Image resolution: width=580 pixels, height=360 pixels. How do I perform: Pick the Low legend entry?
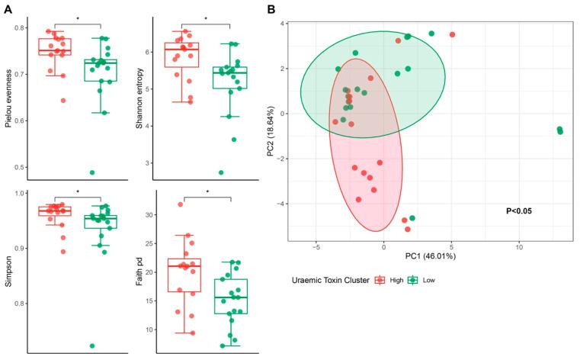tap(428, 279)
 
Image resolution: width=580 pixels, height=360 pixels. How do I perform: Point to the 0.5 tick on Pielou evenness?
tap(21, 167)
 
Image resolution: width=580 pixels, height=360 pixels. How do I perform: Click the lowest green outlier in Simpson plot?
tap(91, 346)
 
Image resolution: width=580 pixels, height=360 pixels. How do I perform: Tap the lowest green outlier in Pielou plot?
tap(92, 172)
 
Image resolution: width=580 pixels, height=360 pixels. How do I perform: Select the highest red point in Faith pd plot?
tap(181, 204)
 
